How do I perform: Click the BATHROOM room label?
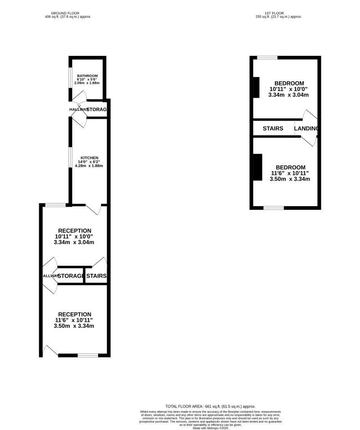(x=87, y=76)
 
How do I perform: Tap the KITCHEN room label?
(x=89, y=158)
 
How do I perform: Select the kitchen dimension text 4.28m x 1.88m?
(x=89, y=166)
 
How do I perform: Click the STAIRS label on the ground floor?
(x=96, y=276)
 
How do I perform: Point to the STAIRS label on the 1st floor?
(x=273, y=129)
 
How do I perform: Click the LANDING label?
(x=306, y=129)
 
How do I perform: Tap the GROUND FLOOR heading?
(x=68, y=13)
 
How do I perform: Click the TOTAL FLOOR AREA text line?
(x=211, y=406)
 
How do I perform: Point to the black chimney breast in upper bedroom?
(x=256, y=87)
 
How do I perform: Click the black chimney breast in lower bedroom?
(x=257, y=167)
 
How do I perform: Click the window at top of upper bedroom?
(x=267, y=58)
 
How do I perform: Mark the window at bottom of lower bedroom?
(x=274, y=208)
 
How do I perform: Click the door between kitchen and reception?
(x=93, y=208)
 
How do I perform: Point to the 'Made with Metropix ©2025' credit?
(x=211, y=428)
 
